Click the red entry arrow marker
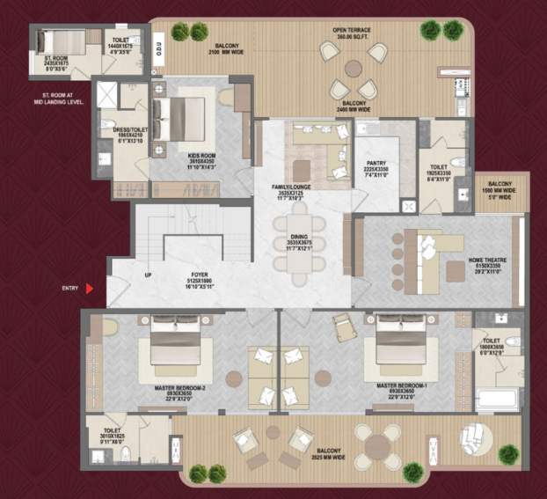[x=90, y=287]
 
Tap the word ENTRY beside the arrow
[x=71, y=288]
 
